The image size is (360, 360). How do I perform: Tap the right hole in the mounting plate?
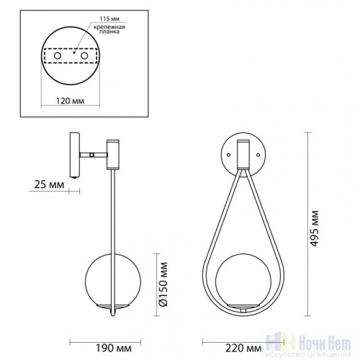tap(84, 55)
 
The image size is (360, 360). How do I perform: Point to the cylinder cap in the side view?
tap(113, 153)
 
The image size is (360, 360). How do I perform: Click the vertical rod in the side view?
tap(112, 216)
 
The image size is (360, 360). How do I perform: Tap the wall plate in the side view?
tap(76, 154)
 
